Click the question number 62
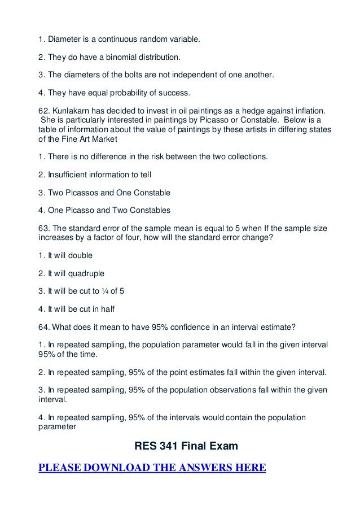tap(43, 111)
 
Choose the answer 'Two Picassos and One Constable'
tap(104, 193)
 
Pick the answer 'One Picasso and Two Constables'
tap(104, 210)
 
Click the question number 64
tap(43, 326)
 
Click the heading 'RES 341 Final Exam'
tap(186, 447)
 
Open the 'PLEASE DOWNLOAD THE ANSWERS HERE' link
tap(152, 468)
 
